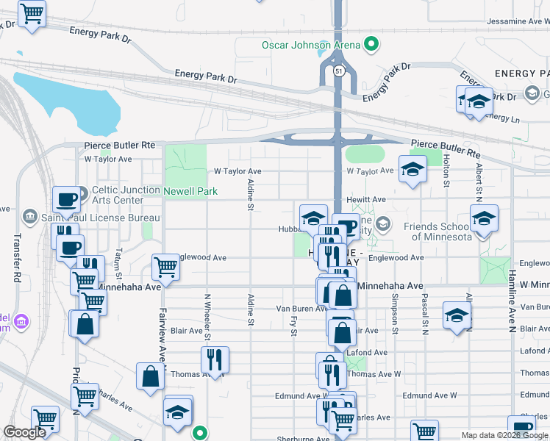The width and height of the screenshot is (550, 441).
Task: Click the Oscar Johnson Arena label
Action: [x=311, y=45]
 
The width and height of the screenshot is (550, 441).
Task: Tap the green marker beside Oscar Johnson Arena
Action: [x=372, y=44]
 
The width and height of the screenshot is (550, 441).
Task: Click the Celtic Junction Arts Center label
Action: [x=126, y=190]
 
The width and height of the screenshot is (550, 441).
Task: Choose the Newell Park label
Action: [x=190, y=191]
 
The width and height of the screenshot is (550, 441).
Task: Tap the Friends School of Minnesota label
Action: [x=440, y=232]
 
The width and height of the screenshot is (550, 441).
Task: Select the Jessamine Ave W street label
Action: [x=518, y=21]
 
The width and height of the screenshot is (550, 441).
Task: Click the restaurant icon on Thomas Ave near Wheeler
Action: [x=215, y=359]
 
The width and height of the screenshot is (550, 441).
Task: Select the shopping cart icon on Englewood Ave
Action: [x=165, y=268]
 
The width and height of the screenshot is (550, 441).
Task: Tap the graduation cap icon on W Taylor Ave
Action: [x=413, y=168]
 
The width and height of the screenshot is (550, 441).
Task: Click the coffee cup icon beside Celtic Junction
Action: [x=66, y=199]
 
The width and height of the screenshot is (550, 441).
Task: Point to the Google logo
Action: [x=24, y=432]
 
